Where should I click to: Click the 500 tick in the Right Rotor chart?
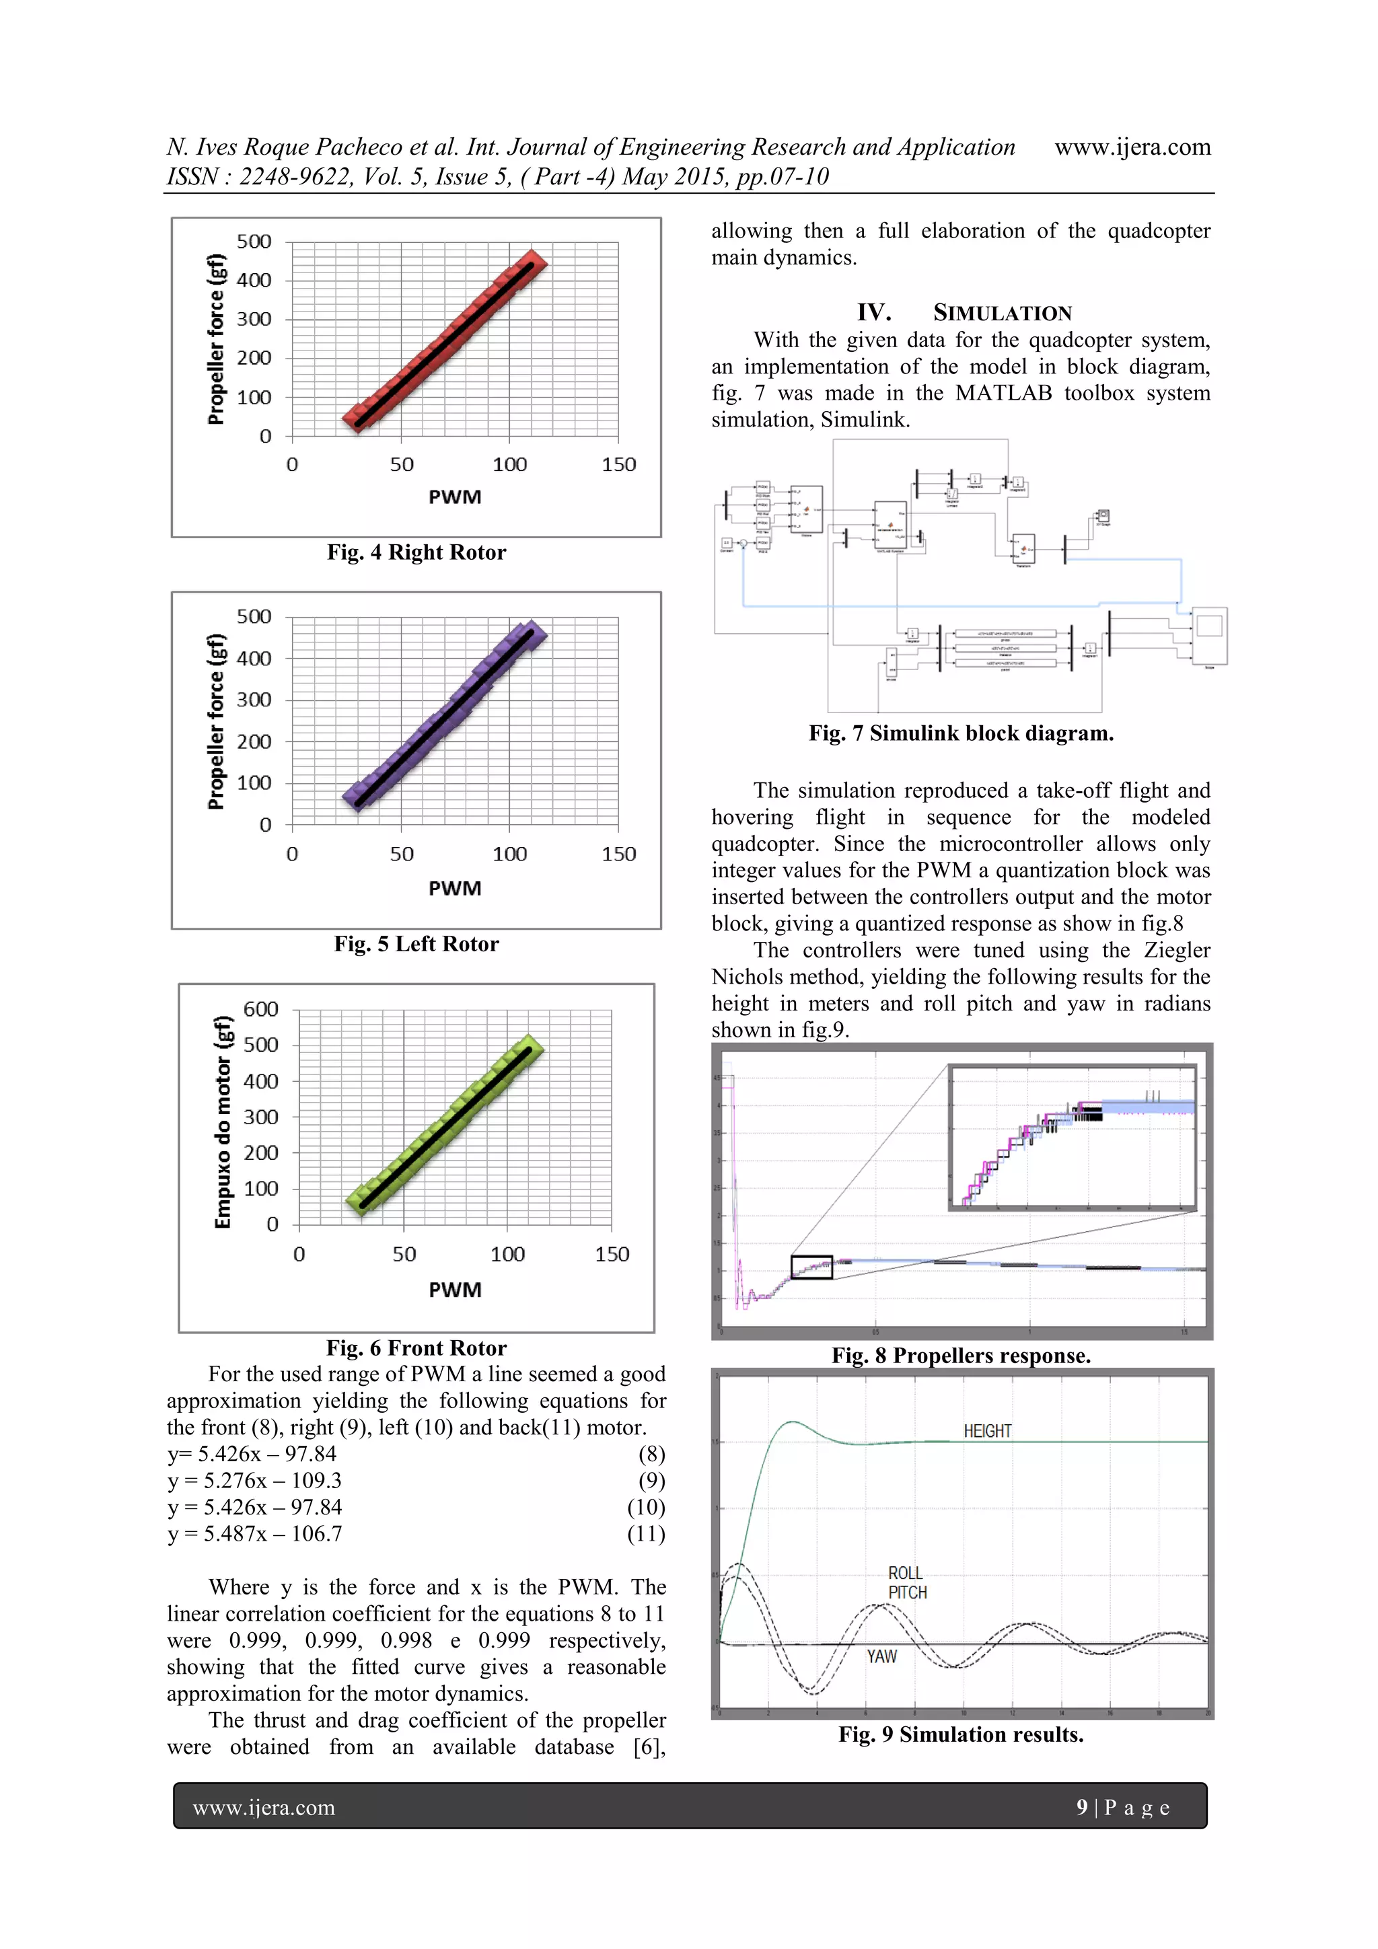point(254,242)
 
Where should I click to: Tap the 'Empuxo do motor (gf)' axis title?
point(223,1121)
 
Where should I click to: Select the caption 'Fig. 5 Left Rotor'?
point(416,944)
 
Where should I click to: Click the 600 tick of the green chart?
point(260,1009)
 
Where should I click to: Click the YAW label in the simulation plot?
point(881,1656)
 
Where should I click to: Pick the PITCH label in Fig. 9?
point(907,1592)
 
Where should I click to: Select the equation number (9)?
point(651,1481)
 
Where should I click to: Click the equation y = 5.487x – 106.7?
point(255,1534)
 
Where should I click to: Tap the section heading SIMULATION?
point(1002,314)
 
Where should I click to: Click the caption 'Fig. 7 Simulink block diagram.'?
point(960,733)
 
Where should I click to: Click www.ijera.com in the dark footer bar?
point(263,1808)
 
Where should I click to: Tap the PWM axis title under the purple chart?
point(454,889)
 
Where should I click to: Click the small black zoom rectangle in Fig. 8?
point(811,1267)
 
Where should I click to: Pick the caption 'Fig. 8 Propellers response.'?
point(960,1356)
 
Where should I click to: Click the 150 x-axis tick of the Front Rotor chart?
point(612,1255)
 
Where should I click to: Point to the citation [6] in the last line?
point(649,1747)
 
